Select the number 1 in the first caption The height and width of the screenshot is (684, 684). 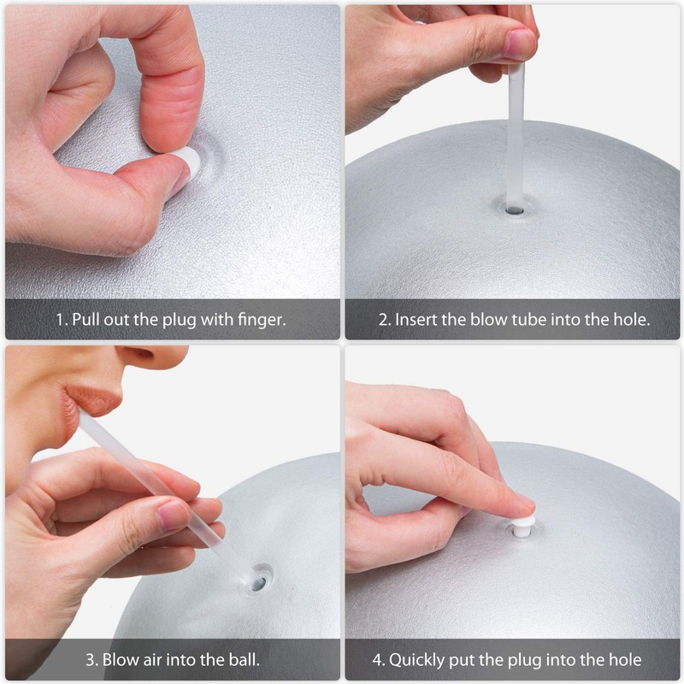pos(60,321)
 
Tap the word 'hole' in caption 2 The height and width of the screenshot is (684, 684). pos(629,321)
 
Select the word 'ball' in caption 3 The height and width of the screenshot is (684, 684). pos(243,659)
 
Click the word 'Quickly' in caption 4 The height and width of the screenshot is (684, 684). pos(418,659)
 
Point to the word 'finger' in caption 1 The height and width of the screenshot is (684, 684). pos(262,321)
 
